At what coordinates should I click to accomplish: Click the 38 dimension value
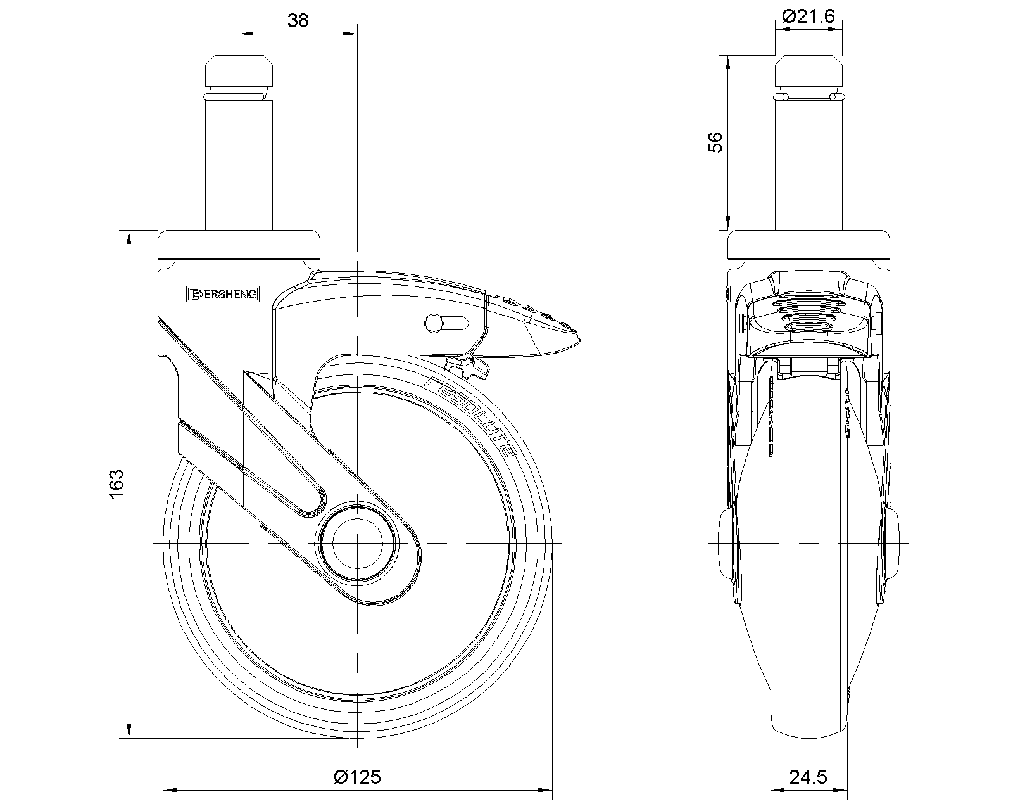[x=298, y=21]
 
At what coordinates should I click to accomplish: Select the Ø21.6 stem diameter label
[x=809, y=16]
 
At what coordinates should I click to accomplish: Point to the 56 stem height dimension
[x=715, y=143]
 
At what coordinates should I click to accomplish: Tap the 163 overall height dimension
[x=116, y=484]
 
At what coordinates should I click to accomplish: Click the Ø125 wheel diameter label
[x=357, y=777]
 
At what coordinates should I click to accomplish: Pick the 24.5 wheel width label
[x=809, y=777]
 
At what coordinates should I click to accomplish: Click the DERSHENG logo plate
[x=223, y=294]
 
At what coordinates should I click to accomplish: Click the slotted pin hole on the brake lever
[x=446, y=323]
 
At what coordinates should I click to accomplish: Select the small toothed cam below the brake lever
[x=467, y=368]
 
